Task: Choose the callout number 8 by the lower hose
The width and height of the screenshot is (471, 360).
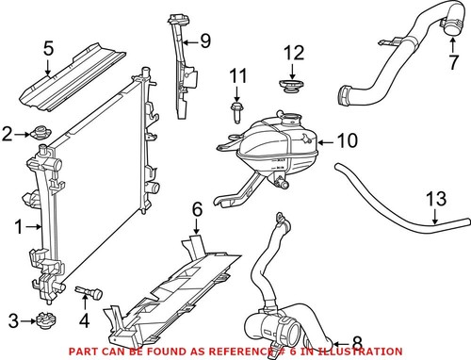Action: [x=356, y=343]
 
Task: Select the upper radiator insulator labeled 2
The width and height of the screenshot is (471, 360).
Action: [x=41, y=133]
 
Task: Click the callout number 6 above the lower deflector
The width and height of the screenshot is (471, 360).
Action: [x=198, y=208]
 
